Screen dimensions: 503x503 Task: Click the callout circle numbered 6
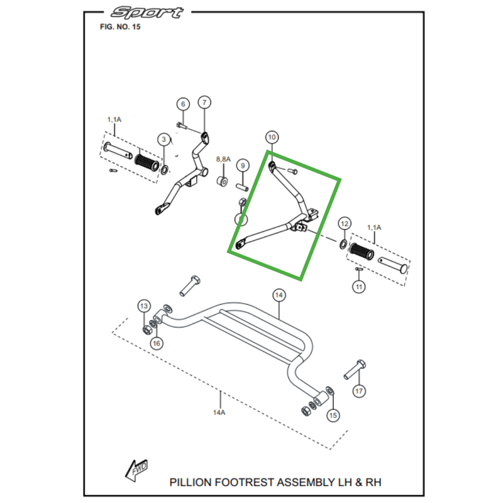pyautogui.click(x=182, y=104)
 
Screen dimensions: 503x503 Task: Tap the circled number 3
pyautogui.click(x=163, y=139)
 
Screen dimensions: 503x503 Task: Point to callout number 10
pyautogui.click(x=272, y=137)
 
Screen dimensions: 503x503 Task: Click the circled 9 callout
pyautogui.click(x=242, y=166)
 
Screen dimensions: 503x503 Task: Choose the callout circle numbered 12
pyautogui.click(x=344, y=224)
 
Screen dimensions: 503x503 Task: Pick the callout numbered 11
pyautogui.click(x=358, y=287)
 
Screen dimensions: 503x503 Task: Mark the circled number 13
pyautogui.click(x=144, y=306)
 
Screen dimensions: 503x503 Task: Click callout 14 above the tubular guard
pyautogui.click(x=279, y=294)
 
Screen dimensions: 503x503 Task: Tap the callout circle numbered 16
pyautogui.click(x=157, y=343)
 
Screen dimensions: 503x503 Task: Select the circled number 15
pyautogui.click(x=333, y=415)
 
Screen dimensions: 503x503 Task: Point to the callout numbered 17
pyautogui.click(x=358, y=391)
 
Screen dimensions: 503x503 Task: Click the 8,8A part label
pyautogui.click(x=224, y=160)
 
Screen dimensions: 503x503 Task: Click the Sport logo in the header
pyautogui.click(x=147, y=13)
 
